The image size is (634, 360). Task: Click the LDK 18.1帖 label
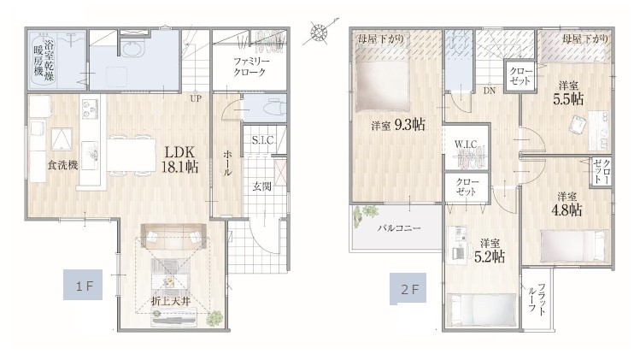pos(180,159)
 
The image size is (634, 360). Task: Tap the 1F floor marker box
pos(83,285)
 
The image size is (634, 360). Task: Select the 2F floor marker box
pos(408,289)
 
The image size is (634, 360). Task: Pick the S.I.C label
pos(262,140)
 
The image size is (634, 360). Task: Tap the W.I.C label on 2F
pos(466,145)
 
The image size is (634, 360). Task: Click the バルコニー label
pos(400,227)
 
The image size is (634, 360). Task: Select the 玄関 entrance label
pos(262,187)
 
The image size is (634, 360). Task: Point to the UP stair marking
pos(196,98)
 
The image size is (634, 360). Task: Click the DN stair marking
pos(490,91)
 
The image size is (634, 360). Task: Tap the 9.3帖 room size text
pos(409,125)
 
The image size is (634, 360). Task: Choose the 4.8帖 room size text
pos(566,210)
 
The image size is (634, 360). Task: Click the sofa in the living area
pos(173,236)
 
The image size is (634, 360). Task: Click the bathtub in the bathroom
pos(44,59)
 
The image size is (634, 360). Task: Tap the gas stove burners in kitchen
pos(90,109)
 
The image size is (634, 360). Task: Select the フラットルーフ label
pos(537,299)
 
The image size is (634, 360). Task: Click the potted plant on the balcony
pos(364,215)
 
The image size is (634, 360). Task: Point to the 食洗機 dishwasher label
pos(62,165)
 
